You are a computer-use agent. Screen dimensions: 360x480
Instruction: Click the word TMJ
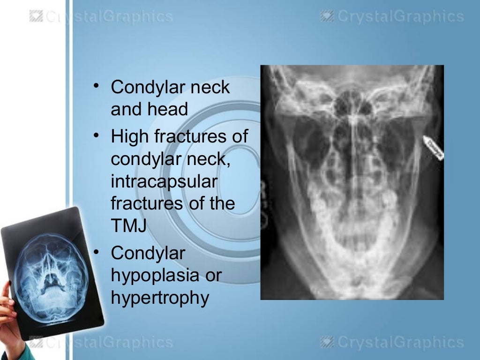point(128,226)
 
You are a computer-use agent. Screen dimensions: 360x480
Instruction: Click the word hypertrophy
point(159,298)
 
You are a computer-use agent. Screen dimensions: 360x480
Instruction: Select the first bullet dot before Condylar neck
point(96,86)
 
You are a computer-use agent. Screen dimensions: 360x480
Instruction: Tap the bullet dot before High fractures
point(96,136)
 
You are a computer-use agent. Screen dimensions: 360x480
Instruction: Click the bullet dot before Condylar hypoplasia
point(96,252)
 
